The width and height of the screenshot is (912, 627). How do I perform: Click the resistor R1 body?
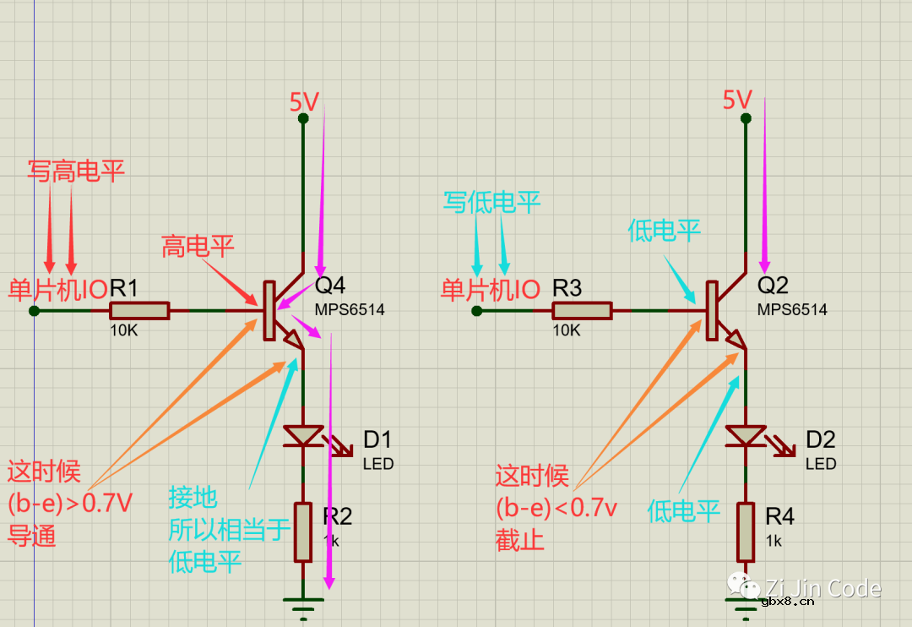pos(138,311)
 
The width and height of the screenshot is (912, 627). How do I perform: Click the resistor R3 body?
pos(581,311)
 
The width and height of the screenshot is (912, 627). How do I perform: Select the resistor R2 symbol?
pos(303,532)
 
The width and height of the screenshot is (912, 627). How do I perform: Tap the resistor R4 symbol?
pos(746,532)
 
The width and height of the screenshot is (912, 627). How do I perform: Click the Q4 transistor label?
pos(330,286)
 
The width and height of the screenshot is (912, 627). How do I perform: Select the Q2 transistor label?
pos(773,286)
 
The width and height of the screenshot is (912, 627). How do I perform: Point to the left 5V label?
pos(304,102)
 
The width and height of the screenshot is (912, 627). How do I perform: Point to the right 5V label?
pos(737,101)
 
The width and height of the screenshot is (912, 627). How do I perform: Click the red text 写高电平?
pos(76,172)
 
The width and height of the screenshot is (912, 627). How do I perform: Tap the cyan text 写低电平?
pos(491,202)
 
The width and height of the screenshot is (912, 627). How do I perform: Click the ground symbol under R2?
pos(303,603)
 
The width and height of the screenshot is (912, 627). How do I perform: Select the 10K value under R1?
pos(123,331)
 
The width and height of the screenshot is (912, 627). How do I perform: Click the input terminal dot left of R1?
pos(34,311)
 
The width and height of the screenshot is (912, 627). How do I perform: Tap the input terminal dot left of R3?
pos(477,311)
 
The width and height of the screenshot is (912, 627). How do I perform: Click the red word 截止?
pos(520,541)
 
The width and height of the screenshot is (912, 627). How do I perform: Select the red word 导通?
pos(32,536)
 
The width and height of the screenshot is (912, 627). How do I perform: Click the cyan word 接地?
pos(193,497)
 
